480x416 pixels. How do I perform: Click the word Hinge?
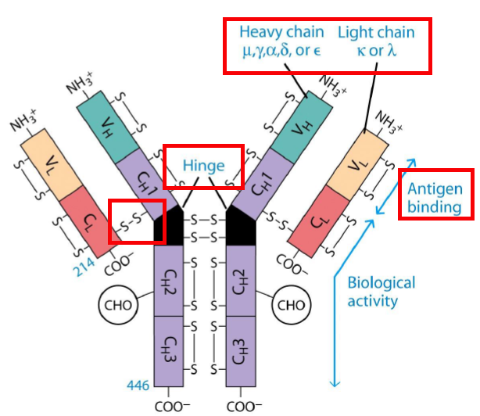click(204, 166)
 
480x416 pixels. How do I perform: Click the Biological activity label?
click(381, 291)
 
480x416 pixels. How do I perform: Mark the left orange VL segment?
click(50, 165)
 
